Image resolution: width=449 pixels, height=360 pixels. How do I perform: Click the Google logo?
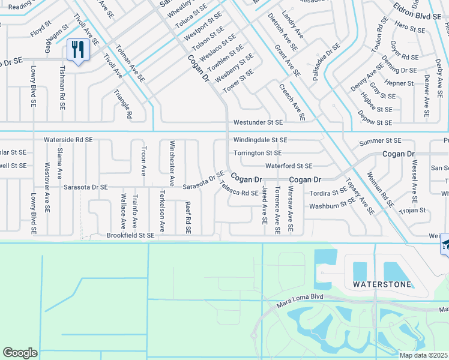click(20, 353)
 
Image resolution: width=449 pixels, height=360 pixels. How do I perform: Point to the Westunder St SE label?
click(258, 122)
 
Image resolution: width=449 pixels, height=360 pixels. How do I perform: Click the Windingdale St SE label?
click(261, 140)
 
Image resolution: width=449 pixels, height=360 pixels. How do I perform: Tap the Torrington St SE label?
click(258, 153)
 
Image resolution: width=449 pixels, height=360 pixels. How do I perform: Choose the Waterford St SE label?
click(289, 166)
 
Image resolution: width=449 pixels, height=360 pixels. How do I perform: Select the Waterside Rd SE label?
click(68, 139)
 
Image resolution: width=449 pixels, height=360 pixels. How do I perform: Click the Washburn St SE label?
click(332, 206)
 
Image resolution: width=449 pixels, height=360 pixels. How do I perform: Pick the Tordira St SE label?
click(328, 193)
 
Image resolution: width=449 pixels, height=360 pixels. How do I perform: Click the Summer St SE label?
click(380, 141)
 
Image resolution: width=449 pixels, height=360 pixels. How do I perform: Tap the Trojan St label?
click(412, 210)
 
